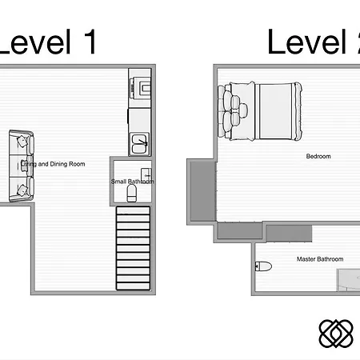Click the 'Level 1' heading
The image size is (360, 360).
coord(48,42)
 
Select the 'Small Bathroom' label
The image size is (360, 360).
coord(132,182)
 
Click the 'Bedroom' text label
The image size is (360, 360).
coord(318,157)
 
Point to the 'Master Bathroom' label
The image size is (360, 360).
coord(319,259)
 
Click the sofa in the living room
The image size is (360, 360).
coord(21,166)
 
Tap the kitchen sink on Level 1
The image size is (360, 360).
coord(142,143)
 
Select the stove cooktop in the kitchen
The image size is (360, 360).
coord(143,87)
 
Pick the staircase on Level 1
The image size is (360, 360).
coord(133,248)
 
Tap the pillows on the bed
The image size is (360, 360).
coord(234,110)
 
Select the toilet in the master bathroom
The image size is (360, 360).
coord(264,266)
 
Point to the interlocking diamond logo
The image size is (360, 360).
coord(335,334)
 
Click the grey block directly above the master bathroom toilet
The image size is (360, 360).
coord(239,232)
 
